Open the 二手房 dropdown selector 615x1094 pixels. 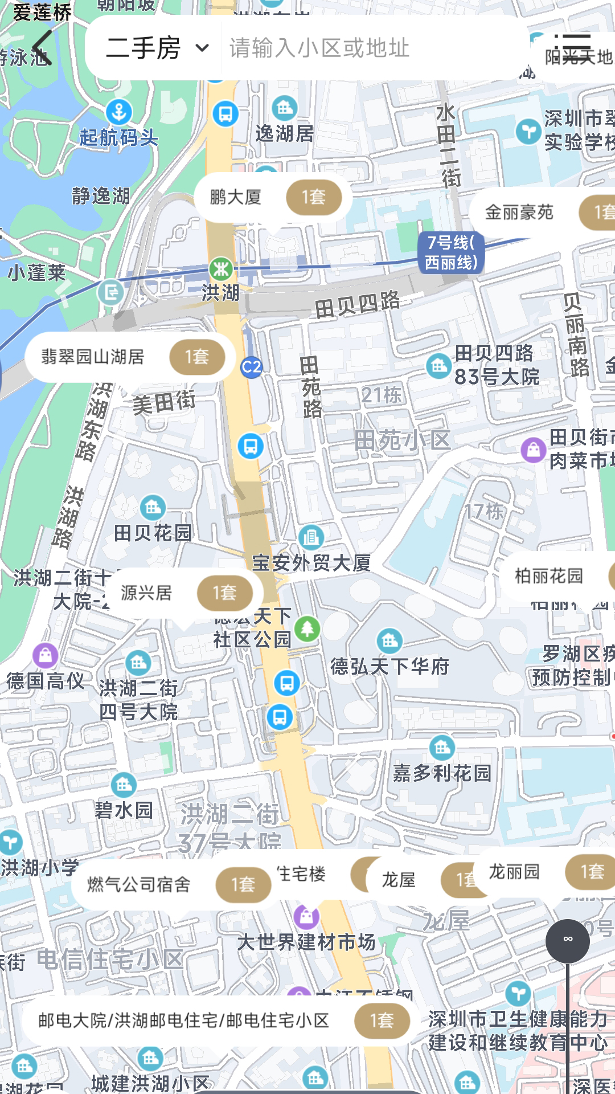click(x=157, y=48)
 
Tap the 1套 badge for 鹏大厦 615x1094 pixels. click(x=314, y=197)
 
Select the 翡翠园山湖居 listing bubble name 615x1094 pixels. click(x=93, y=357)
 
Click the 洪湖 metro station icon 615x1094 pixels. click(x=220, y=268)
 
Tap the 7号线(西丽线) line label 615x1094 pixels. click(x=451, y=252)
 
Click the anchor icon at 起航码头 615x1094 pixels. click(x=119, y=112)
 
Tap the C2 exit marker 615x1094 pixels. click(x=251, y=367)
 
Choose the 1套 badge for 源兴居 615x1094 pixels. click(x=225, y=593)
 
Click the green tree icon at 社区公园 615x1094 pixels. click(x=307, y=629)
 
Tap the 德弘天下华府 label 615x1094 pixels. click(x=389, y=666)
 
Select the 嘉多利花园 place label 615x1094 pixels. click(x=442, y=773)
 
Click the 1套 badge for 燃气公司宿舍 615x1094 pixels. click(x=243, y=884)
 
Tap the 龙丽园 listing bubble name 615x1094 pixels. click(x=514, y=871)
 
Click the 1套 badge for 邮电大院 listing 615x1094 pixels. click(x=382, y=1020)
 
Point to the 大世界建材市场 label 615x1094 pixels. click(x=306, y=942)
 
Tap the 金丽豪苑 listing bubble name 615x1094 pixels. click(x=519, y=213)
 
